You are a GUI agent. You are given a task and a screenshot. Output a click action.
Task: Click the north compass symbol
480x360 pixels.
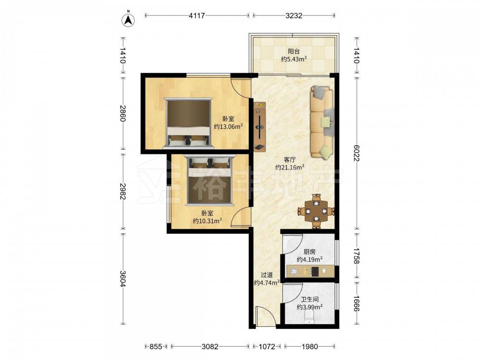click(129, 20)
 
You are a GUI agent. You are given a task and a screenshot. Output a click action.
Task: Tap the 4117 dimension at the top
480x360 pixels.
click(197, 15)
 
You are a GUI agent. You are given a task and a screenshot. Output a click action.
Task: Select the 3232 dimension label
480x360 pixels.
click(294, 15)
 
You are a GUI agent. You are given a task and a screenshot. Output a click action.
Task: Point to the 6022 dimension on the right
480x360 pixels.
click(356, 153)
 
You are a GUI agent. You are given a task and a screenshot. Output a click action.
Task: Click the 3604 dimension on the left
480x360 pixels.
click(122, 279)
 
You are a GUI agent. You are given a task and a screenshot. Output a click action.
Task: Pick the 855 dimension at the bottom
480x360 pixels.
click(156, 347)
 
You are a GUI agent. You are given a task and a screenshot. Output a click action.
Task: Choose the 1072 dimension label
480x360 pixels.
click(267, 347)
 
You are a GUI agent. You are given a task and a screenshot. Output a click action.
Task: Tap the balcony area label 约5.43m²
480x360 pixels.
click(294, 59)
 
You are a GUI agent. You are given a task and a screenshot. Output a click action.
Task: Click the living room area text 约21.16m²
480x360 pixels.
click(289, 167)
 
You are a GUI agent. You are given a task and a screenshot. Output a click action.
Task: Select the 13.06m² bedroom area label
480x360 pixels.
click(228, 126)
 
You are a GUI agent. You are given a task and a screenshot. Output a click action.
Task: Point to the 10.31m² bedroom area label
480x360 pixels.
click(207, 221)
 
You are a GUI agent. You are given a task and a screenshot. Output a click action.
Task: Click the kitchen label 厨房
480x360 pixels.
click(310, 252)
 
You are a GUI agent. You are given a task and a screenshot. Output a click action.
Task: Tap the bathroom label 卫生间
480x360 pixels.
click(310, 300)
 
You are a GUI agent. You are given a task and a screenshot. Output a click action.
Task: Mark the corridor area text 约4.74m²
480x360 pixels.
click(266, 283)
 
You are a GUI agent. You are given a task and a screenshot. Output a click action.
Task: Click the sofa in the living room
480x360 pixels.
click(322, 122)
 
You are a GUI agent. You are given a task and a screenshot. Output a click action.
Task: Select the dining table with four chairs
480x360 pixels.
click(316, 211)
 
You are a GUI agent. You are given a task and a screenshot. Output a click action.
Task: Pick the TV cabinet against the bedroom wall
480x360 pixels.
click(260, 127)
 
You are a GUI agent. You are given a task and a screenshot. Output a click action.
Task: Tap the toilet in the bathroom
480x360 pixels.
click(309, 318)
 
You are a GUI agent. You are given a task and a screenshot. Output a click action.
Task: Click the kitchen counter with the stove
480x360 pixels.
click(310, 271)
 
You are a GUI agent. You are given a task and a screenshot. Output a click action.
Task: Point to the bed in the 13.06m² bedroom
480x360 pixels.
click(188, 123)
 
